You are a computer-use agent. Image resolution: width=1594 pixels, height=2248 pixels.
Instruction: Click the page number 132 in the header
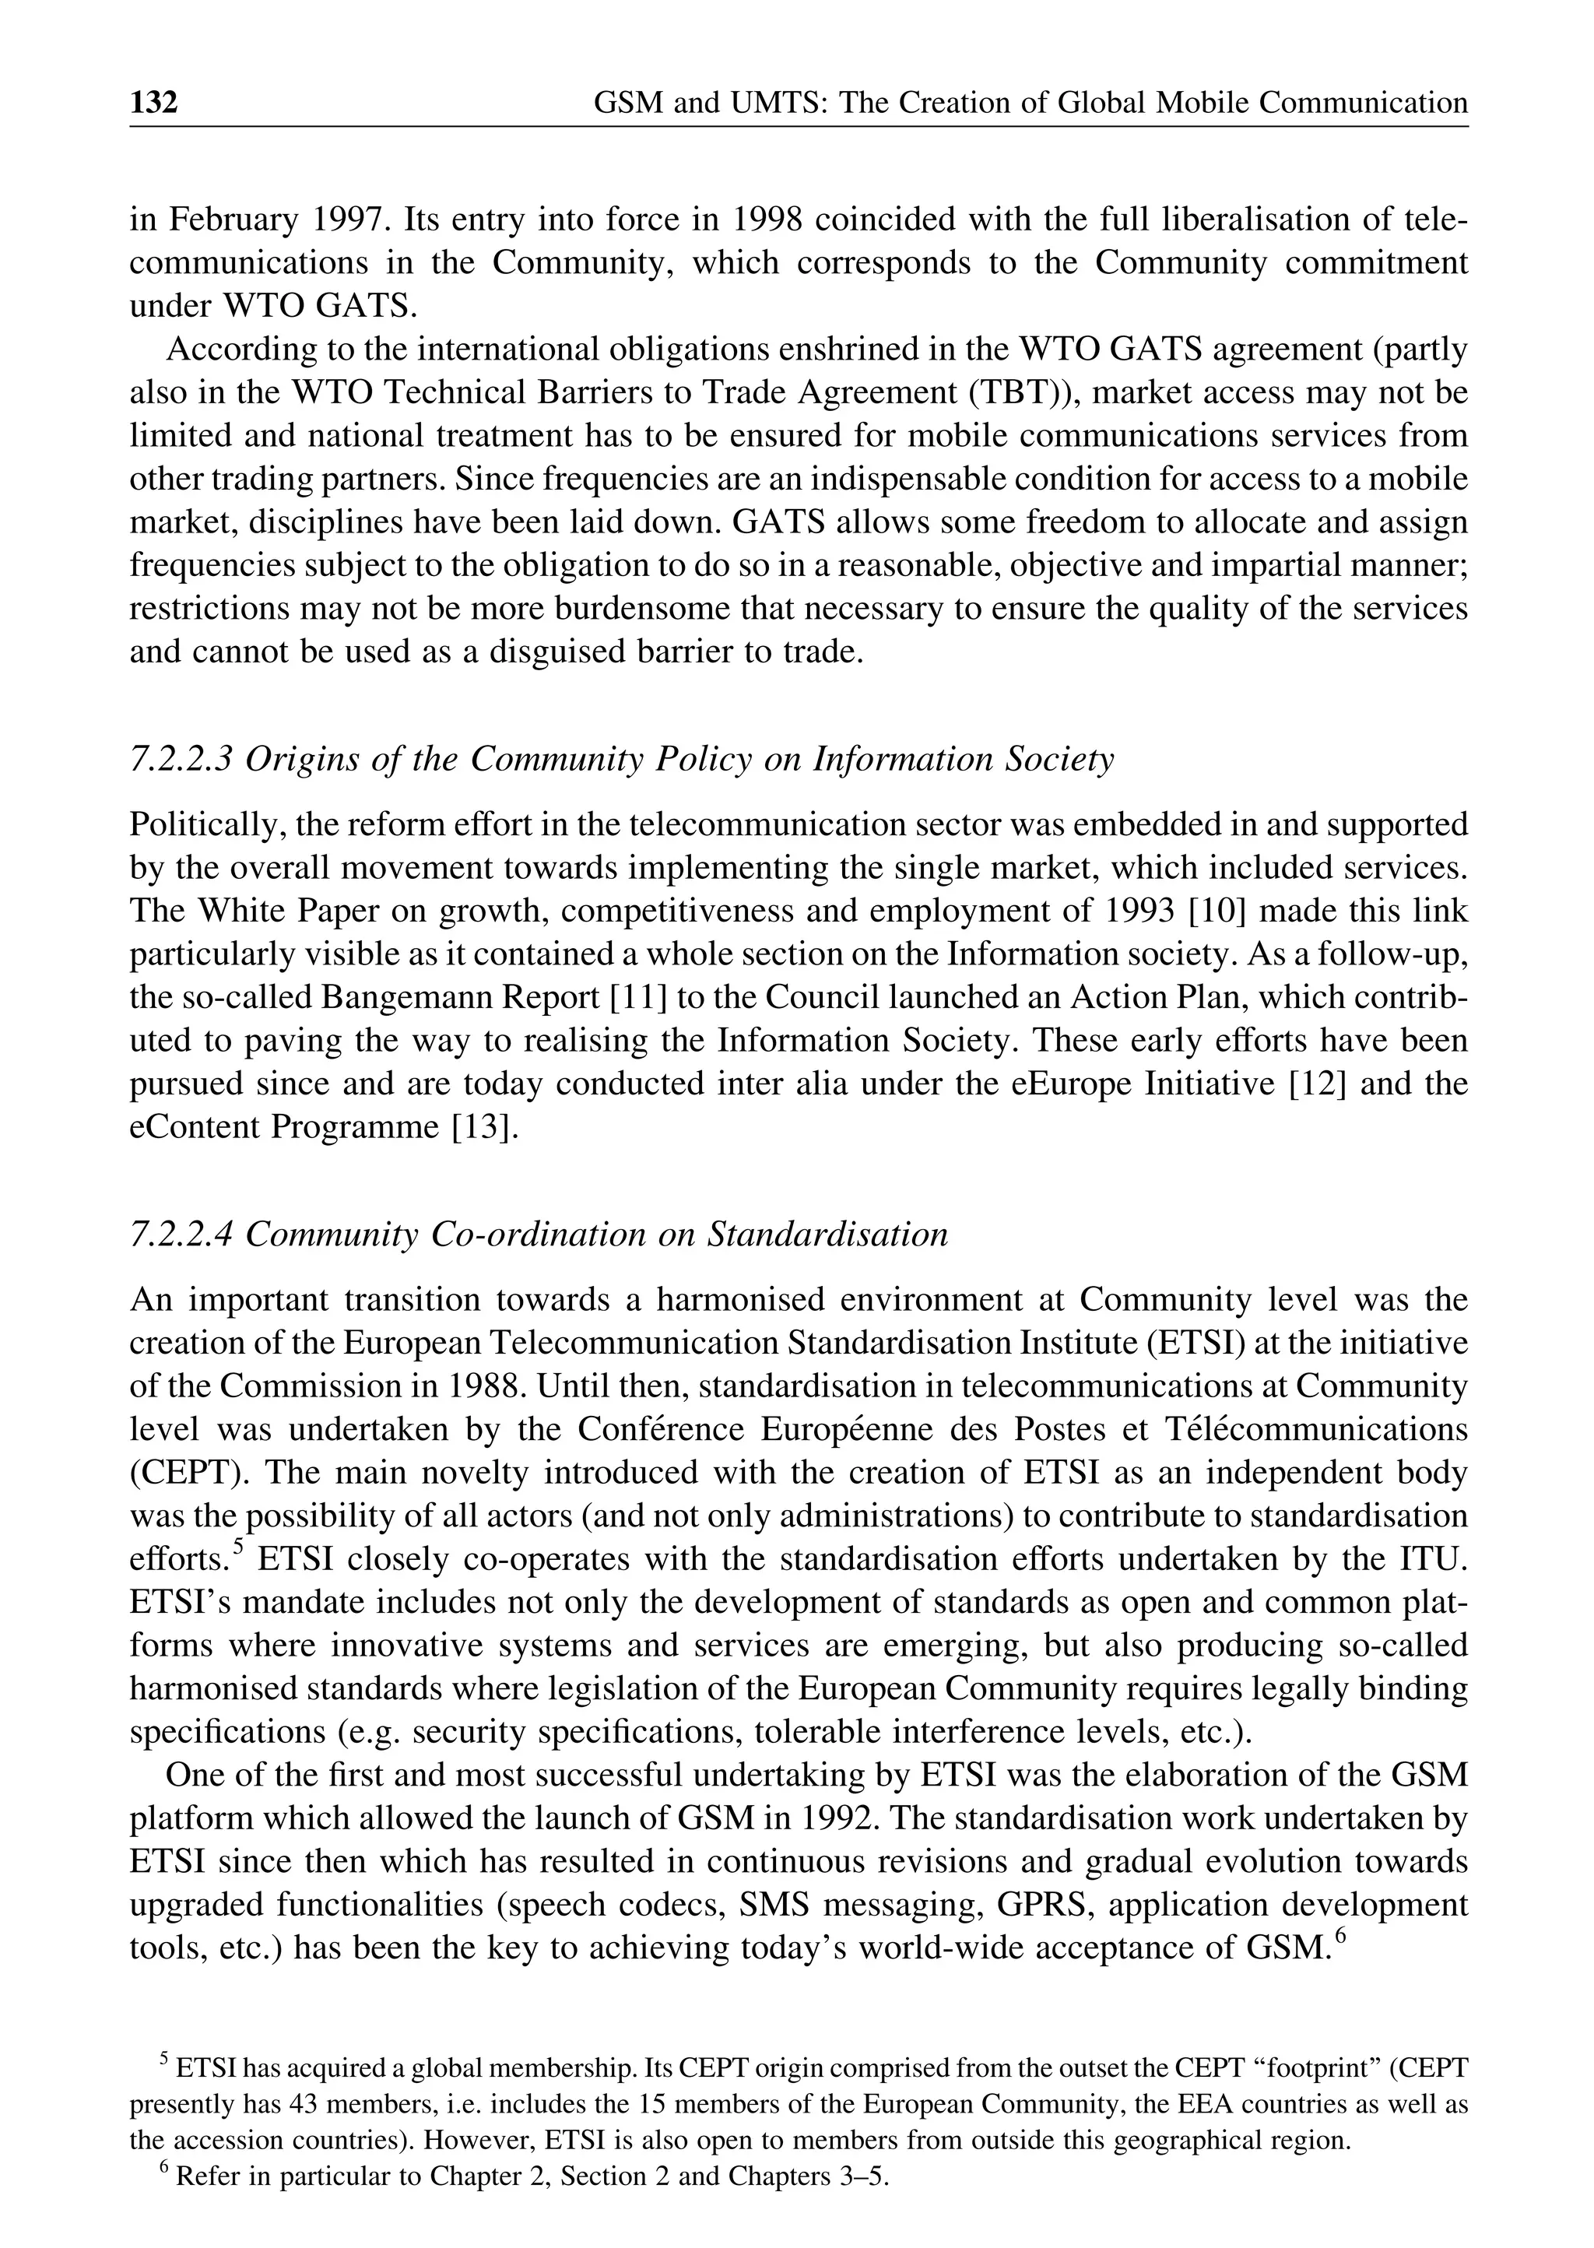tap(154, 102)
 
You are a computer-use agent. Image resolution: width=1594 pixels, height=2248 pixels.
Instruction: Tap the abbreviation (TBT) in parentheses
tap(1022, 392)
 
